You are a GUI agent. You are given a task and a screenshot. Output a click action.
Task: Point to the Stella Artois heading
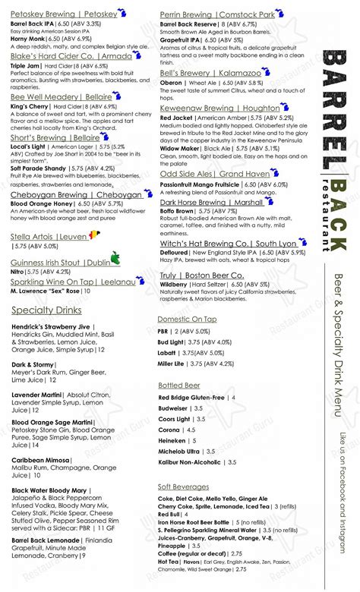click(x=47, y=236)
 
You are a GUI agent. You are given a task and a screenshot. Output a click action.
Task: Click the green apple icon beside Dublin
click(x=115, y=260)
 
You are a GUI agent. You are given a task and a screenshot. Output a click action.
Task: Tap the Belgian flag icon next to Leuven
click(x=93, y=235)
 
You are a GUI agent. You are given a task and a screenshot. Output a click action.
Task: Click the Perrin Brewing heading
click(x=216, y=14)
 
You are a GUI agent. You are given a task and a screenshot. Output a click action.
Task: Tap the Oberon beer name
click(x=172, y=82)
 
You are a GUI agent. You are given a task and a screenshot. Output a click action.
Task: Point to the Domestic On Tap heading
click(x=187, y=319)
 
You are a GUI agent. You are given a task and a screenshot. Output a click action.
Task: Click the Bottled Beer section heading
click(x=179, y=386)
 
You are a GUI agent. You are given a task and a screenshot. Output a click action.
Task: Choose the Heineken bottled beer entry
click(x=172, y=440)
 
